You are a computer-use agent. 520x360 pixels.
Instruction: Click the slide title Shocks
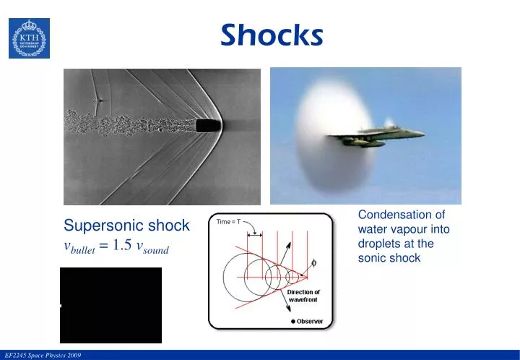pyautogui.click(x=272, y=33)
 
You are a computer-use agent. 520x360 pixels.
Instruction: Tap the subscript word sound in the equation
pyautogui.click(x=154, y=251)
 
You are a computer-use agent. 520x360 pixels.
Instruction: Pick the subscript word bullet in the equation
pyautogui.click(x=84, y=251)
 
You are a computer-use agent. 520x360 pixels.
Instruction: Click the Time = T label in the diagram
pyautogui.click(x=230, y=222)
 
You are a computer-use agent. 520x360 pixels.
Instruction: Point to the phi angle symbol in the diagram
pyautogui.click(x=313, y=262)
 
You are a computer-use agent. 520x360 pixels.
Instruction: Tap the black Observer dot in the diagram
pyautogui.click(x=293, y=322)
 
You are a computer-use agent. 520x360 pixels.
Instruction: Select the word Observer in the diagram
pyautogui.click(x=311, y=322)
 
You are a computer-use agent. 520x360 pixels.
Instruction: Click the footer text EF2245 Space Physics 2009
pyautogui.click(x=43, y=355)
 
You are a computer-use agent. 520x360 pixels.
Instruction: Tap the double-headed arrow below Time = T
pyautogui.click(x=255, y=234)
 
